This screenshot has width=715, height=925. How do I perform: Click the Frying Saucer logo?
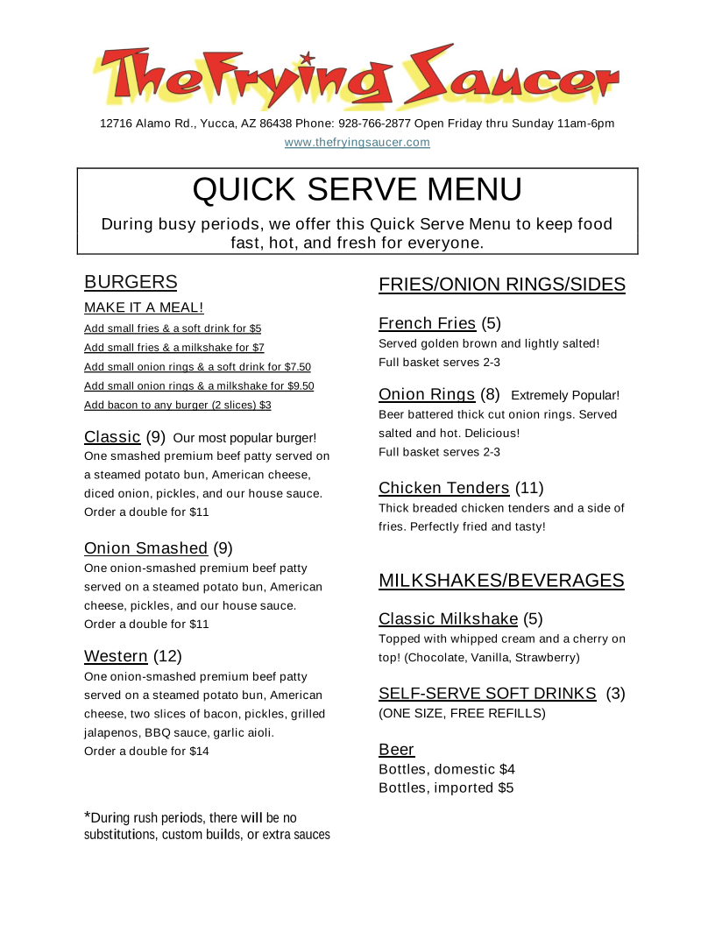point(357,77)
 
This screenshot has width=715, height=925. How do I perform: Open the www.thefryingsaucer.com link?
point(357,142)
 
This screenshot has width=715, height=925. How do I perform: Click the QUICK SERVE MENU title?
point(357,189)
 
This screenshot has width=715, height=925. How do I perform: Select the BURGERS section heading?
point(131,282)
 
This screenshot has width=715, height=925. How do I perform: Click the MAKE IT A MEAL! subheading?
point(144,307)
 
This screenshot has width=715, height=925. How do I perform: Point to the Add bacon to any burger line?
point(177,405)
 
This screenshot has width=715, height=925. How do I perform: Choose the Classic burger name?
point(112,436)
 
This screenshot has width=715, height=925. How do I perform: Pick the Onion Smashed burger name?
point(145,548)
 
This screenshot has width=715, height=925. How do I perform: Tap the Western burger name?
point(116,656)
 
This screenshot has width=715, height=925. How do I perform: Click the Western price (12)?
point(167,656)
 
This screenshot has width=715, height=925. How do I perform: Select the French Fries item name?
point(427,323)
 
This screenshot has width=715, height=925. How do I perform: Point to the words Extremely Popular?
point(565,395)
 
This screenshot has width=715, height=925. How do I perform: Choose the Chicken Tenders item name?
point(443,488)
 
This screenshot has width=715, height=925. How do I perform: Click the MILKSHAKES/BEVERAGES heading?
point(501,581)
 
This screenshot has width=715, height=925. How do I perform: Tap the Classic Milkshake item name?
point(448,619)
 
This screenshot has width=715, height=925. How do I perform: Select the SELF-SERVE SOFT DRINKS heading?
point(487,694)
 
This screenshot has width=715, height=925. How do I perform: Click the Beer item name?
point(396,750)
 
